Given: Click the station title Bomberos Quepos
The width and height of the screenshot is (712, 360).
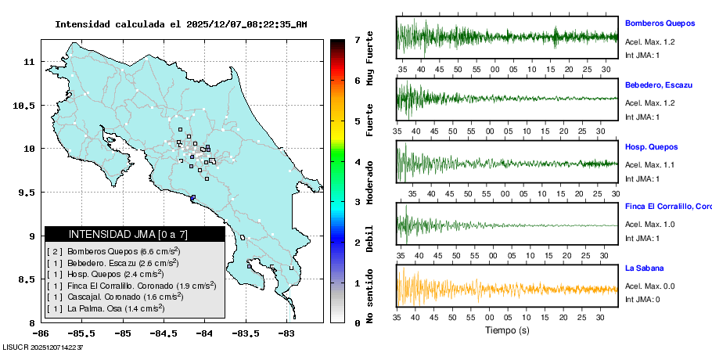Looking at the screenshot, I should (x=660, y=23).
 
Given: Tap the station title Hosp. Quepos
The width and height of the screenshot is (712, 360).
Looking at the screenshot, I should (x=651, y=146).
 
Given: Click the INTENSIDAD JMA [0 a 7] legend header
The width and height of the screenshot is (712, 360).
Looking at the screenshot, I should (x=134, y=234).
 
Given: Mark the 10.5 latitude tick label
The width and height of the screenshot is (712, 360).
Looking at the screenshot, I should (x=25, y=106).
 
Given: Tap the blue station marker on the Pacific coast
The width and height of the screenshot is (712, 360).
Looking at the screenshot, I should (x=192, y=197).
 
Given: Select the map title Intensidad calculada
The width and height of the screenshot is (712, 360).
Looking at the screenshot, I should (x=181, y=24).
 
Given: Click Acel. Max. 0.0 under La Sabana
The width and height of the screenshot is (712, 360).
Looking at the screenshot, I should (x=650, y=286).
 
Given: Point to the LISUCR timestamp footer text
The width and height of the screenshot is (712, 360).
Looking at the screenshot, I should (x=43, y=346).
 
